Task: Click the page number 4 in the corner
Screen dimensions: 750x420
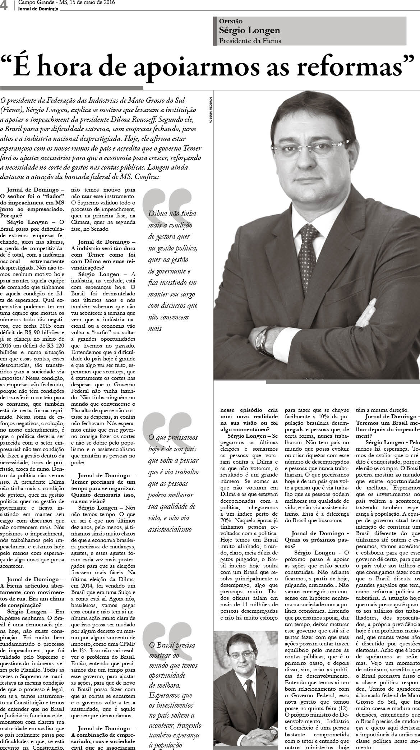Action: pyautogui.click(x=4, y=6)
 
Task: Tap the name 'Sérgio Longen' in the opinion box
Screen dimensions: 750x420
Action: pyautogui.click(x=249, y=31)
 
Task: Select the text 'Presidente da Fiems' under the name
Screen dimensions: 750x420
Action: pyautogui.click(x=250, y=41)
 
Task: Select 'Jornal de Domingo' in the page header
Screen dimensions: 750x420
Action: pyautogui.click(x=38, y=9)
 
